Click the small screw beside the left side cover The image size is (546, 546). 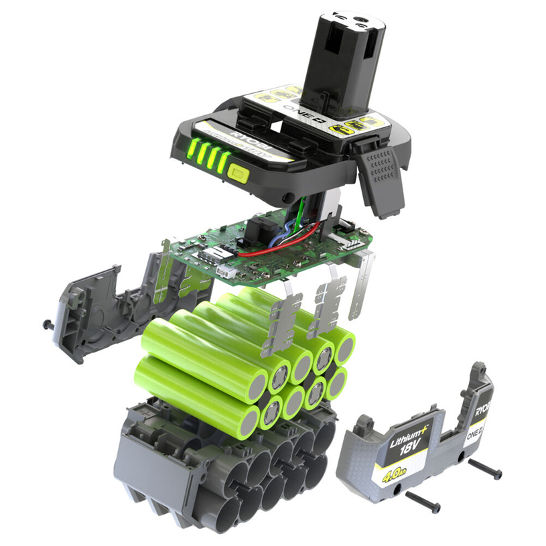point(48,324)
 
